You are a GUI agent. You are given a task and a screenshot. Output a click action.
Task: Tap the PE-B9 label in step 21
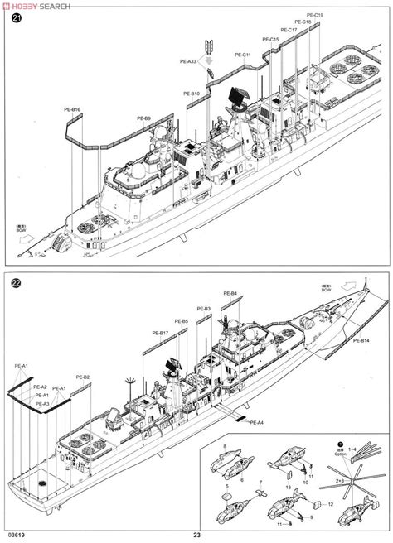[x=142, y=119]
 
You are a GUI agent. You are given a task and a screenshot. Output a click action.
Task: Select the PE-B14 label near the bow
[x=360, y=340]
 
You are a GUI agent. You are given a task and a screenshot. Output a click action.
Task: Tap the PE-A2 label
[x=40, y=387]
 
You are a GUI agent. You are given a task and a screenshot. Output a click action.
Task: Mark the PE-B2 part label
[x=83, y=377]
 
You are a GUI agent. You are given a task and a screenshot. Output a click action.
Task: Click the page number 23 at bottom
[x=196, y=533]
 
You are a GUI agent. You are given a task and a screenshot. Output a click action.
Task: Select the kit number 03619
[x=15, y=533]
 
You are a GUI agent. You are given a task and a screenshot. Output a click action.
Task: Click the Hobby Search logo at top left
[x=36, y=4]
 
